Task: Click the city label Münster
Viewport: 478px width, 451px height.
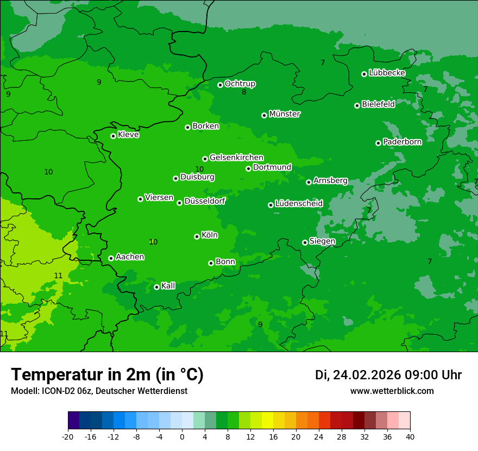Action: point(285,114)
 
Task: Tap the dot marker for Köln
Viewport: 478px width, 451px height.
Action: point(197,236)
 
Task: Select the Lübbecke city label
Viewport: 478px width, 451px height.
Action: point(387,73)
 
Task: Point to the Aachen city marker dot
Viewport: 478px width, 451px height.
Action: point(111,258)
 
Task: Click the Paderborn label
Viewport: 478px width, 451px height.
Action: point(402,142)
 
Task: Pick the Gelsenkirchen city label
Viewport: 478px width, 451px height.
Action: point(236,158)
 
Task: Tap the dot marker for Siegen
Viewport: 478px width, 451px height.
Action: point(305,242)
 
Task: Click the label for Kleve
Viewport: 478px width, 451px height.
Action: point(128,135)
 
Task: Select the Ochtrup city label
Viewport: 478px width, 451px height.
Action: point(240,84)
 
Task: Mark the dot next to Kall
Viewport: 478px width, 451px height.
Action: point(156,287)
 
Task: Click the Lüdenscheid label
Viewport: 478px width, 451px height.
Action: point(299,204)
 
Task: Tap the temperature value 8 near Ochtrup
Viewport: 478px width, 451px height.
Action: point(244,92)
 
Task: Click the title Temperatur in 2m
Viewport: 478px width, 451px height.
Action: point(107,374)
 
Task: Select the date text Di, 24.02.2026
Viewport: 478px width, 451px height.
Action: point(357,375)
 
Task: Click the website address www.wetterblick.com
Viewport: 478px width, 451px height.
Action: point(392,391)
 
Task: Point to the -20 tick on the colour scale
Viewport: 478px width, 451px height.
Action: point(68,436)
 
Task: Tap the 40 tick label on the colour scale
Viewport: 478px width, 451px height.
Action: point(410,436)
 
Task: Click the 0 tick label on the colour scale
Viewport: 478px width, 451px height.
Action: point(182,436)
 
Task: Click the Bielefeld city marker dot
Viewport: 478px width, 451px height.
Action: point(357,105)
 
